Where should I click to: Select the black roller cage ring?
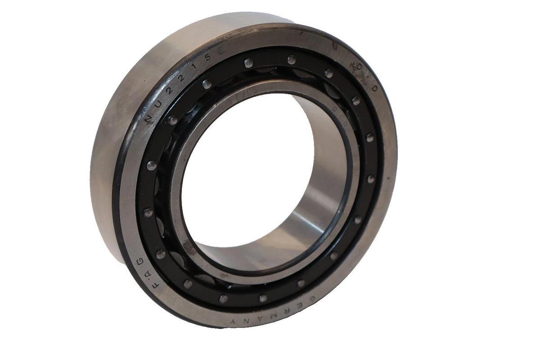click(x=153, y=189)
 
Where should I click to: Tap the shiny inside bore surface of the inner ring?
click(x=310, y=211)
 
